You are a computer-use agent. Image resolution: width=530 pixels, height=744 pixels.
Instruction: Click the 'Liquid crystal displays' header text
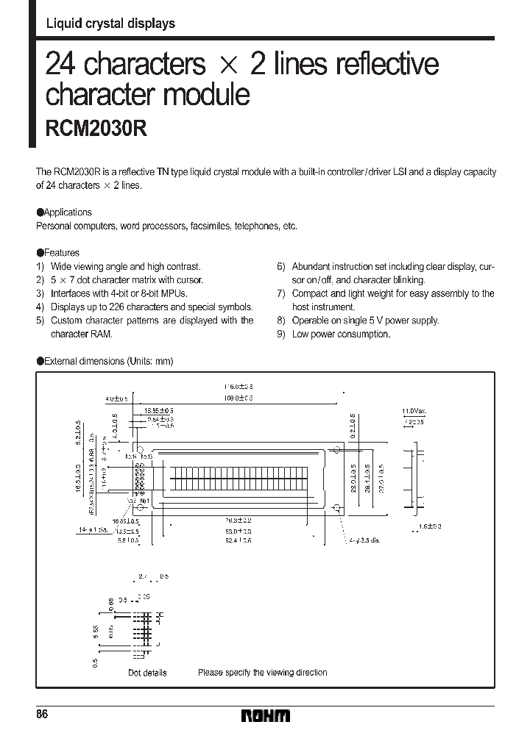(110, 24)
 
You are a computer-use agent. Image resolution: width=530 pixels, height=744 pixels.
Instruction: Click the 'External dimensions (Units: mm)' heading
(107, 361)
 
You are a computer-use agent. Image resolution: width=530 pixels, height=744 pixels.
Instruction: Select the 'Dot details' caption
(147, 672)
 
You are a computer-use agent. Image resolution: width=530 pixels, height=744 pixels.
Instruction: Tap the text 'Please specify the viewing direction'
(262, 672)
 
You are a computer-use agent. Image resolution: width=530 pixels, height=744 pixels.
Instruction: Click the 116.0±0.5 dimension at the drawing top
(238, 386)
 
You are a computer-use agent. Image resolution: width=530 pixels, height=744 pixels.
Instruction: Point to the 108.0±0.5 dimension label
(238, 398)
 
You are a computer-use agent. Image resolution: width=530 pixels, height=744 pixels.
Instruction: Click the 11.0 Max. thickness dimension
(414, 410)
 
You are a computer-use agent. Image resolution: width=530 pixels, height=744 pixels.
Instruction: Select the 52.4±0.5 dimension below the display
(238, 540)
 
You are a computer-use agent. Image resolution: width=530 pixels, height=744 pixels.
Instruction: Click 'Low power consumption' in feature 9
(341, 334)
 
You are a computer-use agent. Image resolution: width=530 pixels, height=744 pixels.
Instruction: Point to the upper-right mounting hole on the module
(337, 448)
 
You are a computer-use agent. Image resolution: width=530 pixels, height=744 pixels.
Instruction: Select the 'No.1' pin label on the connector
(144, 501)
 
